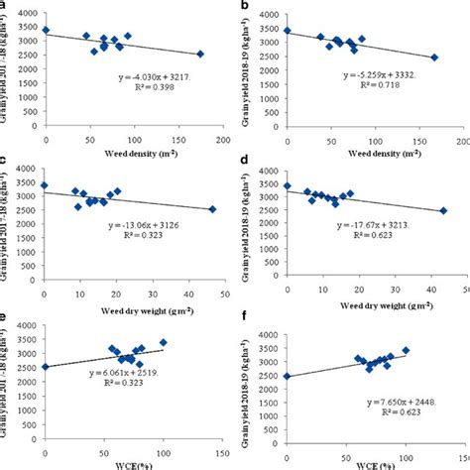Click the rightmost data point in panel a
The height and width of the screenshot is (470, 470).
coord(200,55)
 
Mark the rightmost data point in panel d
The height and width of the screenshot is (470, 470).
coord(443,210)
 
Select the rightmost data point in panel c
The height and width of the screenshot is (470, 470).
coord(212,209)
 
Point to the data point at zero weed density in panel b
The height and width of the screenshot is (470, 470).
coord(288,31)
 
